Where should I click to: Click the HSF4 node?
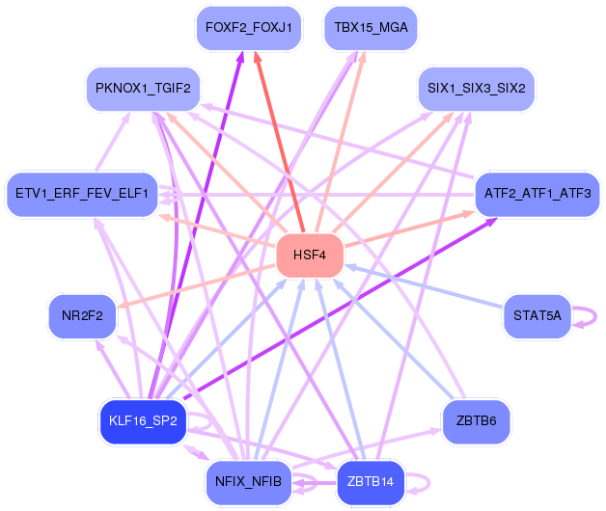click(x=310, y=255)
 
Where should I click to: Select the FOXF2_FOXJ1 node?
click(x=249, y=28)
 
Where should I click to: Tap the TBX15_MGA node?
click(x=371, y=28)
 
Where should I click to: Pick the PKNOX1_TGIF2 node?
click(x=143, y=89)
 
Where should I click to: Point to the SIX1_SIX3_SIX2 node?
click(x=476, y=89)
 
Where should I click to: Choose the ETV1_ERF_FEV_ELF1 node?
click(x=82, y=194)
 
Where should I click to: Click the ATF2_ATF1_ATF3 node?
click(x=537, y=194)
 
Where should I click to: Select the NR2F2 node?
click(x=82, y=316)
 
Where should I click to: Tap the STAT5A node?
click(x=537, y=316)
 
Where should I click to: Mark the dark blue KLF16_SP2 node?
click(x=143, y=421)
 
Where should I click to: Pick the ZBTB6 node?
click(x=476, y=421)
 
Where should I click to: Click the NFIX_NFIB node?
click(x=249, y=482)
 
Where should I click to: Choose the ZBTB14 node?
click(x=371, y=482)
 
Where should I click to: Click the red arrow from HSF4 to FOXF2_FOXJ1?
click(x=279, y=142)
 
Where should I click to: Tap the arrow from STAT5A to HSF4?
click(x=424, y=286)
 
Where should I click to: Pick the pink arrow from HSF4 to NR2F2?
click(x=197, y=286)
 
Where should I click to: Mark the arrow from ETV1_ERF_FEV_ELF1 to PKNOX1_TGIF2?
click(x=113, y=142)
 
